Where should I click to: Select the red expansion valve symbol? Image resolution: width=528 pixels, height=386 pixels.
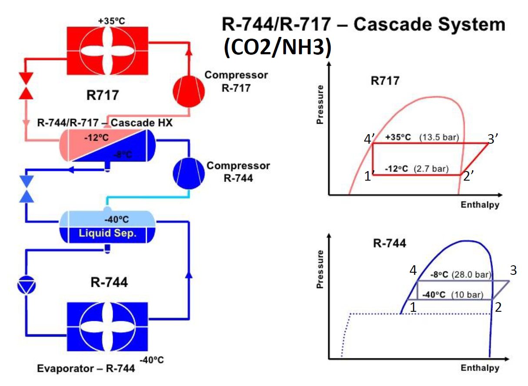(27, 85)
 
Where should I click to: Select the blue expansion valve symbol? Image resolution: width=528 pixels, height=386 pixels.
(27, 189)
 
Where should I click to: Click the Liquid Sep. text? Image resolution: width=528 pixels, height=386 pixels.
(108, 234)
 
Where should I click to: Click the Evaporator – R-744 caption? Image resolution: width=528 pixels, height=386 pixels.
(86, 368)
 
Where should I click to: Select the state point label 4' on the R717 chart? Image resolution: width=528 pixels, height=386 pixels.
(369, 139)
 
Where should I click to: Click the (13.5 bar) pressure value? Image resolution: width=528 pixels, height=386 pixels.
(439, 138)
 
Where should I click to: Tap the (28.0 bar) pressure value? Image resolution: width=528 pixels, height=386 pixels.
(472, 275)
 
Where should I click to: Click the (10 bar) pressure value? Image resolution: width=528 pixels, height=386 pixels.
(467, 295)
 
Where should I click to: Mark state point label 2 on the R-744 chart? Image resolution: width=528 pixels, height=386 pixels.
(498, 307)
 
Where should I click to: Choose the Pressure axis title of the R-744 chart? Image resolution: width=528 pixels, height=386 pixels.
(321, 269)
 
